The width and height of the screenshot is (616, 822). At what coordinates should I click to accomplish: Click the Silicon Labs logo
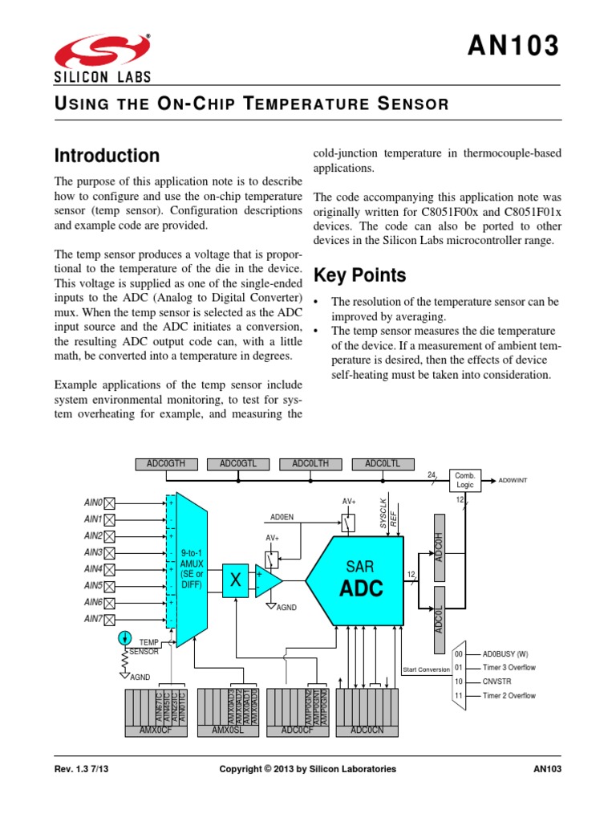point(102,58)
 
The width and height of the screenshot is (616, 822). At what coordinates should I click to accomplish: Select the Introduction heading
point(106,155)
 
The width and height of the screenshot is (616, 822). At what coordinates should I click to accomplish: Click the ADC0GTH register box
point(165,463)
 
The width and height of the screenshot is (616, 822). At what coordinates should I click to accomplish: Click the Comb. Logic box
point(466,480)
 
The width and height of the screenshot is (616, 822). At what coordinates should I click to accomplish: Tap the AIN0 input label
point(93,502)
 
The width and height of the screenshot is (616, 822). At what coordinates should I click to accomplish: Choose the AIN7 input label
point(93,618)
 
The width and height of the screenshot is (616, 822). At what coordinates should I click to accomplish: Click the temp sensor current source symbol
point(124,638)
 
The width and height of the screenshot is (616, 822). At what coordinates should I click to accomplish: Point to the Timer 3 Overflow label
point(509,668)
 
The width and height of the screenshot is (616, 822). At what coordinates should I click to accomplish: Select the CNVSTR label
point(497,682)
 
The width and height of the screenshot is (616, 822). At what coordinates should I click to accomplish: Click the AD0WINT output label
point(513,480)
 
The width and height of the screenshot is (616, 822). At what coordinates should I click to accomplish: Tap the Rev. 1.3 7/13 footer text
point(81,769)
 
